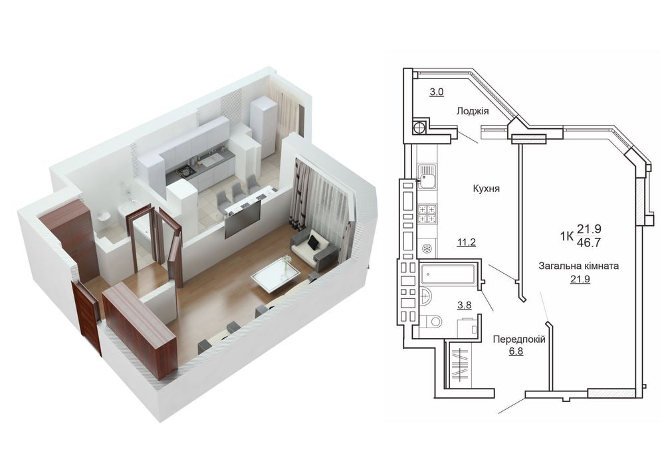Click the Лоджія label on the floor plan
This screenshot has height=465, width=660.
click(x=473, y=111)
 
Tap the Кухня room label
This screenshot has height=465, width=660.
click(x=486, y=189)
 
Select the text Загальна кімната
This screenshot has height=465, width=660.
click(x=579, y=266)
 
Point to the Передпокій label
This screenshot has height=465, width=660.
click(x=519, y=339)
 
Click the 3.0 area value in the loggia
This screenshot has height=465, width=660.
click(x=437, y=91)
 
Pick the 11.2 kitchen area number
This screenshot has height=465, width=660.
click(x=467, y=242)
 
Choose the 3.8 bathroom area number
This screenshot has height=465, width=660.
click(x=465, y=305)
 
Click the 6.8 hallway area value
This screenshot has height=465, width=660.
click(x=516, y=351)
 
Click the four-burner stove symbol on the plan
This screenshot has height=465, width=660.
click(x=427, y=214)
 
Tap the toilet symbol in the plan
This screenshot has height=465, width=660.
click(x=431, y=322)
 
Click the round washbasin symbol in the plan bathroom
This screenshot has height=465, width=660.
click(x=425, y=296)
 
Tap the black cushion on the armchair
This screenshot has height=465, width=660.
click(x=314, y=242)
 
